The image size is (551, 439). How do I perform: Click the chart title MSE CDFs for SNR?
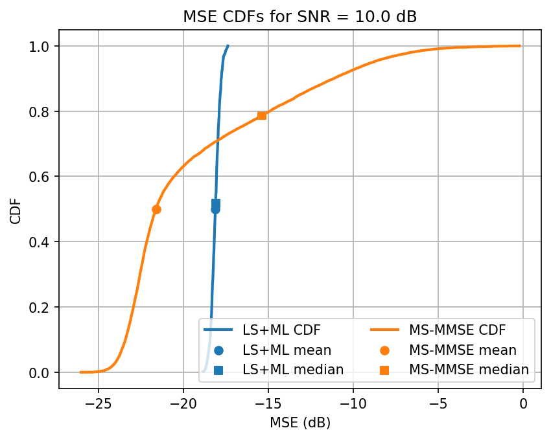pos(299,17)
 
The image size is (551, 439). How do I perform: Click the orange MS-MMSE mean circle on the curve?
pos(156,209)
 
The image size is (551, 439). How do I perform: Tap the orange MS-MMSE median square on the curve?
pos(262,115)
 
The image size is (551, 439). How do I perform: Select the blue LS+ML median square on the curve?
pos(216,203)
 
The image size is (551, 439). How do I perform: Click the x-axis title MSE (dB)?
pos(299,423)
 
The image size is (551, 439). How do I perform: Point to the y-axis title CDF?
pos(16,209)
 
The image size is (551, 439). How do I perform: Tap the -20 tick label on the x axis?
pos(183,403)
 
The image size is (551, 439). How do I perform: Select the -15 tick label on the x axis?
pos(268,403)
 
